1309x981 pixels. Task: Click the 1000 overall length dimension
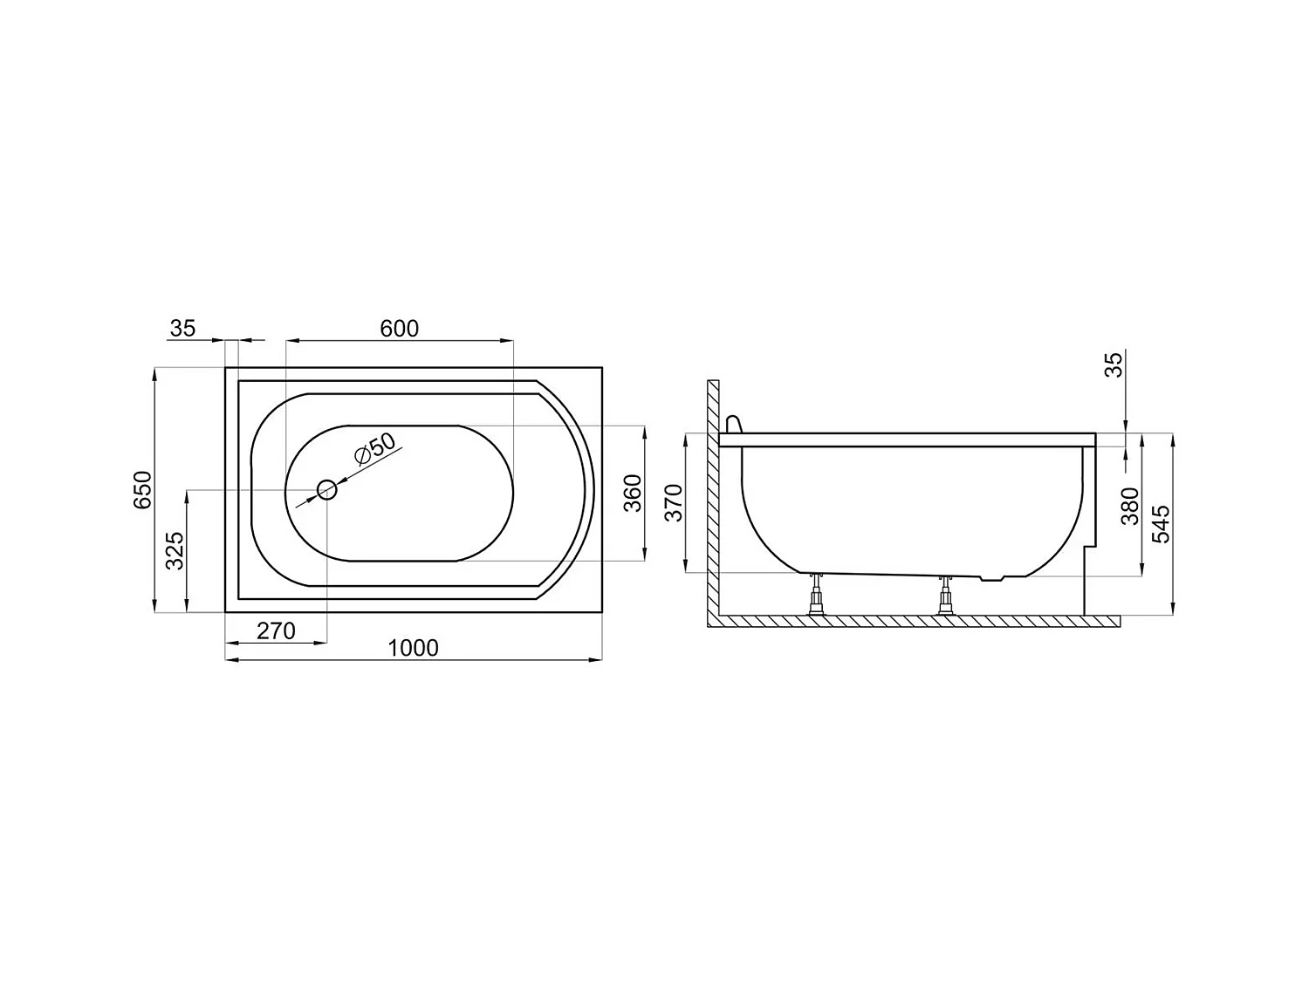pyautogui.click(x=413, y=648)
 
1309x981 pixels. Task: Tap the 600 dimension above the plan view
pyautogui.click(x=400, y=329)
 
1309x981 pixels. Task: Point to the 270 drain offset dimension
pyautogui.click(x=277, y=630)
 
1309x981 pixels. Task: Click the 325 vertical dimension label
pyautogui.click(x=175, y=551)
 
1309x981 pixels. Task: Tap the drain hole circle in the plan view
pyautogui.click(x=327, y=490)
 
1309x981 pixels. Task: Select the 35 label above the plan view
pyautogui.click(x=183, y=329)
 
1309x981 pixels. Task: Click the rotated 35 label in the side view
pyautogui.click(x=1114, y=364)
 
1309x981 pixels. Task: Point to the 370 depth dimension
pyautogui.click(x=674, y=504)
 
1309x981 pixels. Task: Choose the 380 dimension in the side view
pyautogui.click(x=1130, y=506)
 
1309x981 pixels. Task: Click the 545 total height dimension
pyautogui.click(x=1161, y=523)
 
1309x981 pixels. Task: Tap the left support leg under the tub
pyautogui.click(x=818, y=595)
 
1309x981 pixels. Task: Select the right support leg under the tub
pyautogui.click(x=945, y=596)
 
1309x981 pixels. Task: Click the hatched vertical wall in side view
pyautogui.click(x=712, y=497)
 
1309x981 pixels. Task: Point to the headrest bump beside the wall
pyautogui.click(x=733, y=424)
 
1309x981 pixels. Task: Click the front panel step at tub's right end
pyautogui.click(x=1088, y=549)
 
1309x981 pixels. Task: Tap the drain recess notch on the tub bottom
pyautogui.click(x=992, y=578)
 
